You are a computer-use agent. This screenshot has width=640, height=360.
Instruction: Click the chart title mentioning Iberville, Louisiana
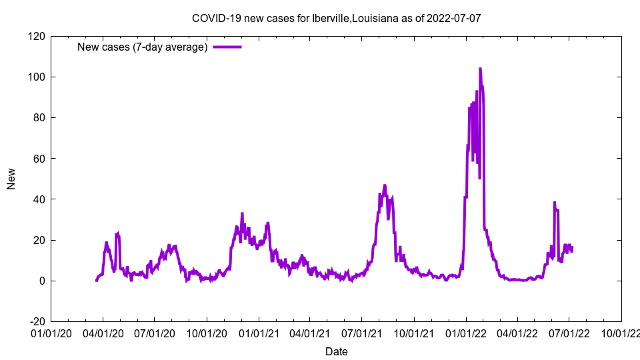tap(336, 18)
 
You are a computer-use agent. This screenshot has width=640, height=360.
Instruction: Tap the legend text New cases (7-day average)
tap(143, 47)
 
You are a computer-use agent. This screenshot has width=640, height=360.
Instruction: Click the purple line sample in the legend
tap(227, 47)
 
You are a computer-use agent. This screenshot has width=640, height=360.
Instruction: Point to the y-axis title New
tap(11, 179)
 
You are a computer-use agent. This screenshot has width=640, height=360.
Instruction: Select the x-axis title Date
tap(336, 351)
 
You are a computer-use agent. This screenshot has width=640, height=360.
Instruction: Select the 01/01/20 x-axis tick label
tap(51, 333)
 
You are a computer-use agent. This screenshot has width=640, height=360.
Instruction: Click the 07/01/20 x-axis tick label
tap(155, 333)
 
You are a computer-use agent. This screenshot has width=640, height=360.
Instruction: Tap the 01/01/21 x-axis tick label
tap(259, 333)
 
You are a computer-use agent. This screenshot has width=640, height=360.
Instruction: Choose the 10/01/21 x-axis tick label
tap(414, 333)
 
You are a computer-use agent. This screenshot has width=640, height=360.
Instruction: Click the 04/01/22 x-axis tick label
tap(517, 333)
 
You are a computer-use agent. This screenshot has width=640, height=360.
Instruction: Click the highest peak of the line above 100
tap(480, 69)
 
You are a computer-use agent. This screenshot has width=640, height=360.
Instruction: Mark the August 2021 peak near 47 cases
tap(385, 185)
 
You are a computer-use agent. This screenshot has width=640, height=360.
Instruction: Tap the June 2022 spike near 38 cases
tap(554, 203)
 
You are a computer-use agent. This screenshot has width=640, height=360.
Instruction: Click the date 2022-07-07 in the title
tap(456, 18)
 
